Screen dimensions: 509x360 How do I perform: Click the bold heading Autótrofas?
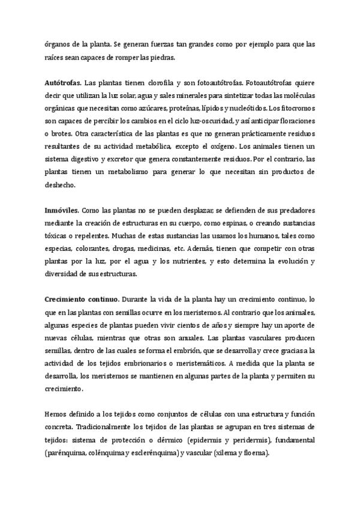[x=63, y=81]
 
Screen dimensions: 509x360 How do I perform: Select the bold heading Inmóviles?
[x=61, y=212]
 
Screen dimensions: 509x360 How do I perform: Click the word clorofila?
[x=144, y=81]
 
